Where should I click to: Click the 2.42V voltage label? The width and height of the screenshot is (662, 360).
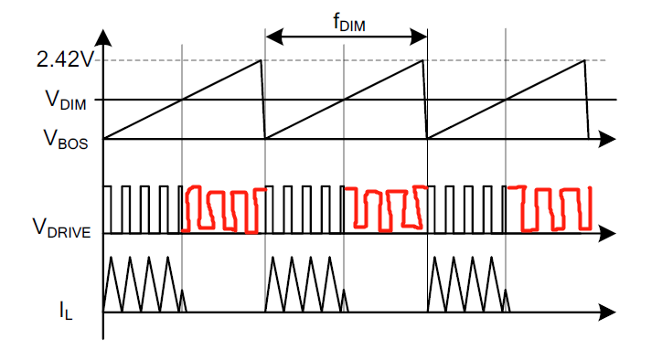64,60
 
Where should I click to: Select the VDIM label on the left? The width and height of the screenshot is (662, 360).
66,101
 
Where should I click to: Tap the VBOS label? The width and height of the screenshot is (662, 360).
66,139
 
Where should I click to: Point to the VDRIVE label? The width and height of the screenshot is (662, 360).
61,228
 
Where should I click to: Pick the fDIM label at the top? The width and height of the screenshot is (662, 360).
348,22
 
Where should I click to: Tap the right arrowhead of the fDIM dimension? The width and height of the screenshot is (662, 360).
419,37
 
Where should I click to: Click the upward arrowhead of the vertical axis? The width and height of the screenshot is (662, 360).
103,37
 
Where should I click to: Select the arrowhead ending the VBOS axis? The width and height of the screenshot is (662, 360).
607,139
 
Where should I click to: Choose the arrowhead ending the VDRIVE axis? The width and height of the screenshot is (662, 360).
607,233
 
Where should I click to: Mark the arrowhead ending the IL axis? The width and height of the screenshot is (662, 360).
607,312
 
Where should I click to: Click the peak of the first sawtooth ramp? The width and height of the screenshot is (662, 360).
261,60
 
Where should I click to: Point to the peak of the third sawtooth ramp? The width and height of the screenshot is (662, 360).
584,60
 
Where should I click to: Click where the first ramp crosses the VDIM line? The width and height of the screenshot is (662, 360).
182,100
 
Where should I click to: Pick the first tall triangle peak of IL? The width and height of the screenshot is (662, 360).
111,257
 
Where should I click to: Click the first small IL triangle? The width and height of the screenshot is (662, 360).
182,301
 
